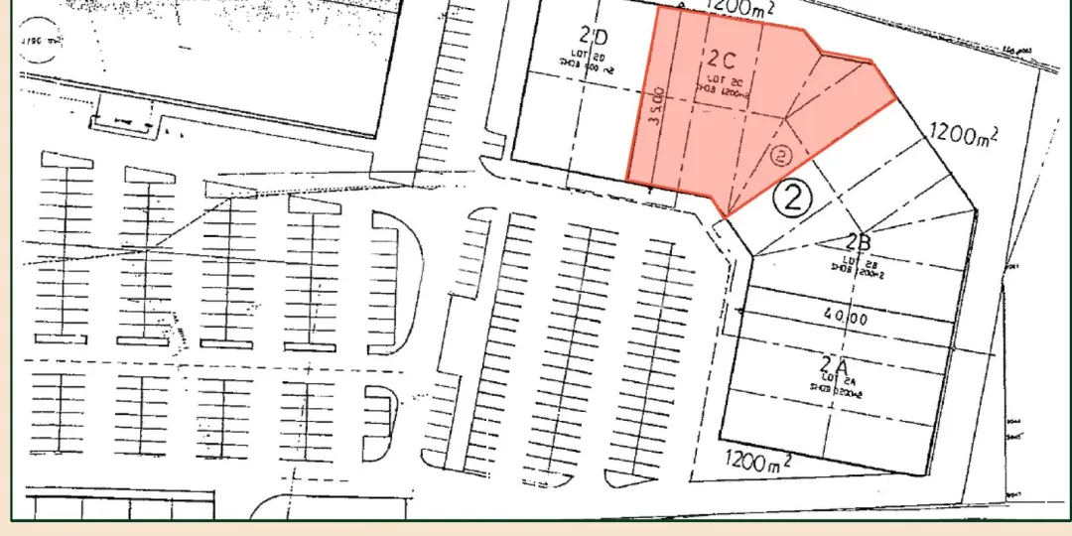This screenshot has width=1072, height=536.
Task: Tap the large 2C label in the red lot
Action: [x=721, y=56]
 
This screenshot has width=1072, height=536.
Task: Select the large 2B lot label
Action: [x=859, y=241]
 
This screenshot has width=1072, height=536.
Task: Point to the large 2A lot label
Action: [x=832, y=364]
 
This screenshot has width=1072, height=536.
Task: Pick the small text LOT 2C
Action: [x=720, y=77]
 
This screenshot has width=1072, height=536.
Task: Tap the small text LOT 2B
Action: [x=856, y=257]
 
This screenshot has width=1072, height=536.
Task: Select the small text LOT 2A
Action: [x=834, y=380]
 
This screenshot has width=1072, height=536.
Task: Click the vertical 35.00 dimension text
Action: [x=656, y=105]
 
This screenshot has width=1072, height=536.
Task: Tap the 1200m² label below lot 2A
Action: [x=757, y=460]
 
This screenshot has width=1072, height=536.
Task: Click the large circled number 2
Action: [x=793, y=199]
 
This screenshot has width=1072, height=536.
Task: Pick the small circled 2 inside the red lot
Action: [x=780, y=156]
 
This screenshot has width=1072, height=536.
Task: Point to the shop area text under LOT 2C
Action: [x=721, y=88]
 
